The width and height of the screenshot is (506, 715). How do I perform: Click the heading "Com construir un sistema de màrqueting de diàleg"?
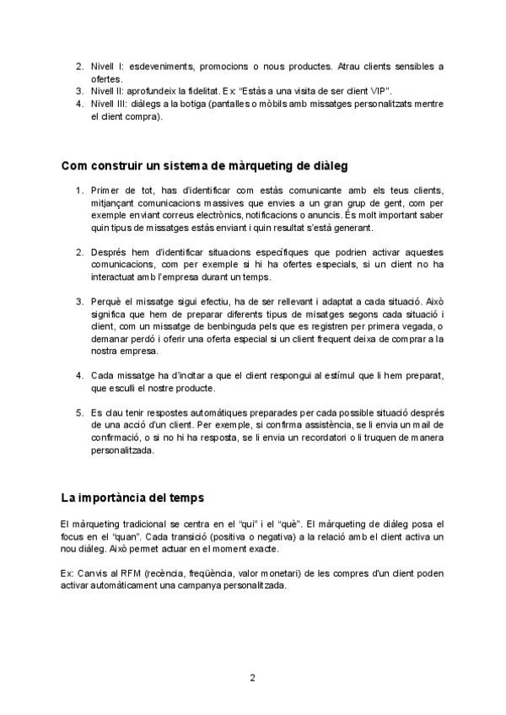coord(205,165)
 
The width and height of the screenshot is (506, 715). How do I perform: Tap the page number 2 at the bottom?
coord(252,678)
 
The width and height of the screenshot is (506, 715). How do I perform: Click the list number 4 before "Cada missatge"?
coord(79,375)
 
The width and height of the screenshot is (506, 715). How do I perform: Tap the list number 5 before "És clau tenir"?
coord(79,414)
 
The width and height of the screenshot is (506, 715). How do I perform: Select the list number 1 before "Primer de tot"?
coord(79,191)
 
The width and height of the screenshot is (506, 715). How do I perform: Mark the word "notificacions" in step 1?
coord(261,215)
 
